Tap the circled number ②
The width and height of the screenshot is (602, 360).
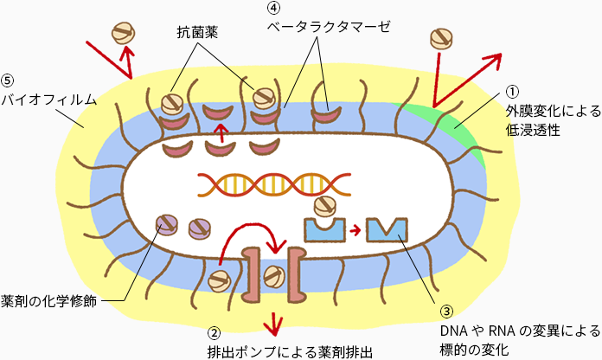[x=214, y=331]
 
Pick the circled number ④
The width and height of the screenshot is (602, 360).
[x=273, y=8]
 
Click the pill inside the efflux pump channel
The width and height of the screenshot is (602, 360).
[x=274, y=277]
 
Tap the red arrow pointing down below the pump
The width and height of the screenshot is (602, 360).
[x=275, y=322]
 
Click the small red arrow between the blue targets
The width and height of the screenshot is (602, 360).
[x=355, y=230]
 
